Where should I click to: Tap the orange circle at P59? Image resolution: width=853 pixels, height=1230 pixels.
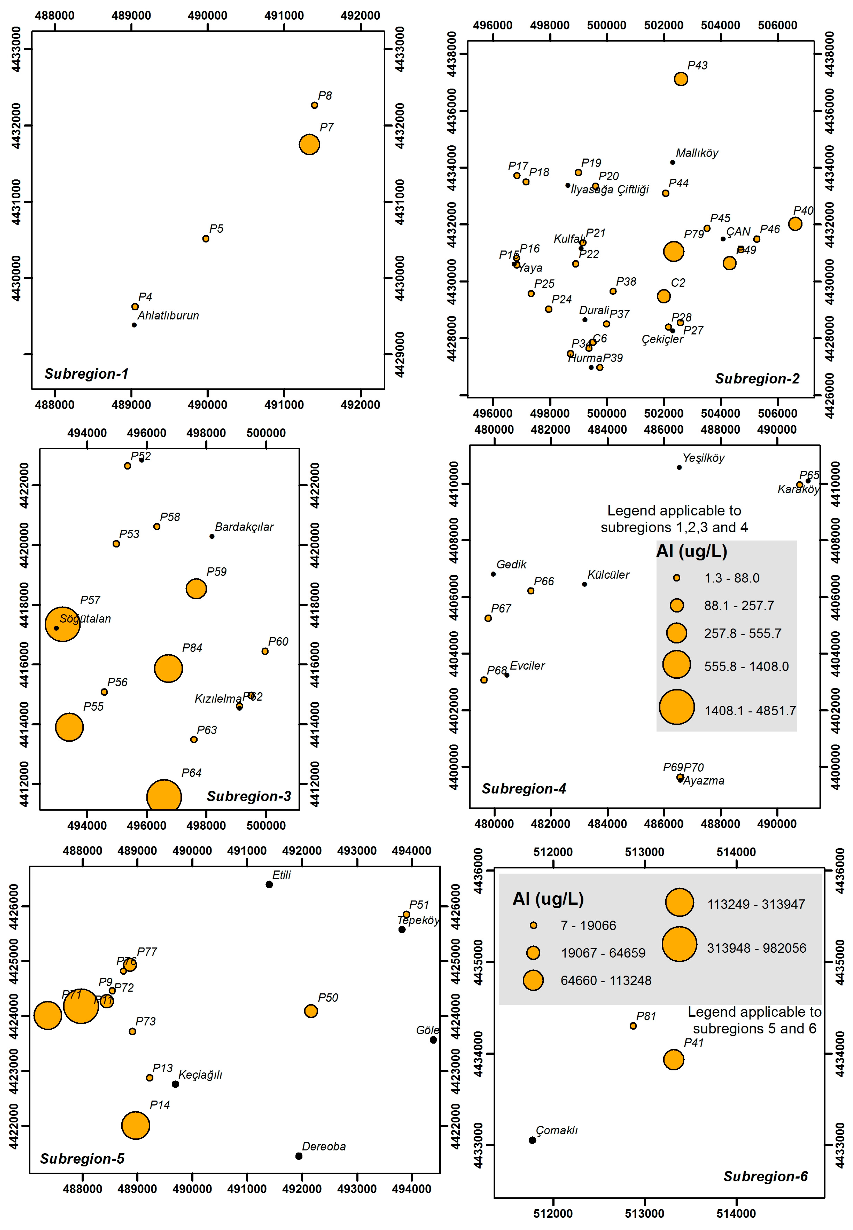point(196,589)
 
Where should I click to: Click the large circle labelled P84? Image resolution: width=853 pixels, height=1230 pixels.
point(168,669)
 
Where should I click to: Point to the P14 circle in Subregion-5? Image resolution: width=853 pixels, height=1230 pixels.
point(136,1125)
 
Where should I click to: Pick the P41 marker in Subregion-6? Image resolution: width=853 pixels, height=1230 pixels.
point(674,1059)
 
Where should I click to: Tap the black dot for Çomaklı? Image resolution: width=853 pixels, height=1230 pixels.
point(532,1140)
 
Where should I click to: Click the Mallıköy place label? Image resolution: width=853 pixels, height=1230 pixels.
point(697,153)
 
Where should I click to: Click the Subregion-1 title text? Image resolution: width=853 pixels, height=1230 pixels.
point(87,374)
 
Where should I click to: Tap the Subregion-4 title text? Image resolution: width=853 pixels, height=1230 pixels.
point(524,789)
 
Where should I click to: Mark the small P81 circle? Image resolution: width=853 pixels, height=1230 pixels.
point(633,1026)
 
